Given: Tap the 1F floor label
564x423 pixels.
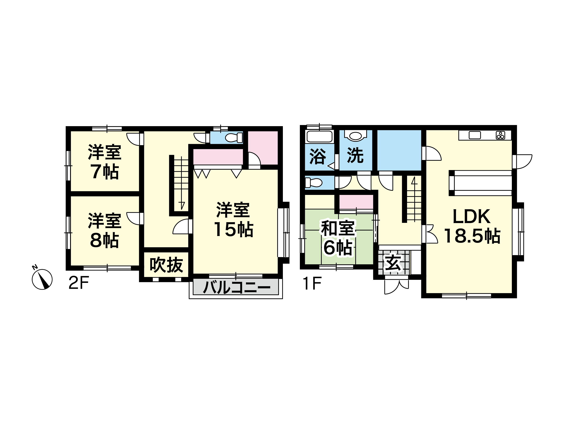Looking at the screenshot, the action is point(312,283).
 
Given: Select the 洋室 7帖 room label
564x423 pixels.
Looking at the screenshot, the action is point(105,162).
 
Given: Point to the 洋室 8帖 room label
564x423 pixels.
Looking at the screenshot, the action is point(105,230).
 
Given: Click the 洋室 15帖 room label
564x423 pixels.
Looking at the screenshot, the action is point(233,220).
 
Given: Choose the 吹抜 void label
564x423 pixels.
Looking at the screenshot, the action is point(166,265).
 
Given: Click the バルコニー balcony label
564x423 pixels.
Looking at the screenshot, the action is point(236,287).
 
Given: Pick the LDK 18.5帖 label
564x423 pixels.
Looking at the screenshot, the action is point(472,226).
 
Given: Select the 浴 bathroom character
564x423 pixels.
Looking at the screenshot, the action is point(318,156).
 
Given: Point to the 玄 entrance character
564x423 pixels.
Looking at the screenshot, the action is point(393,263).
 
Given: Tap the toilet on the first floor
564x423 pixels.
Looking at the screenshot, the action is point(314,182).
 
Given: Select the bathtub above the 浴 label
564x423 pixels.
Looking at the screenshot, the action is point(320,137).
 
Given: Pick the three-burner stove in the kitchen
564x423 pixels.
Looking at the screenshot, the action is point(500,135).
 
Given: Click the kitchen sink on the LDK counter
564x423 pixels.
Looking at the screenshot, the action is point(475,135).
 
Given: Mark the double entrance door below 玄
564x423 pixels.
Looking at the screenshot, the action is point(397,286).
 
